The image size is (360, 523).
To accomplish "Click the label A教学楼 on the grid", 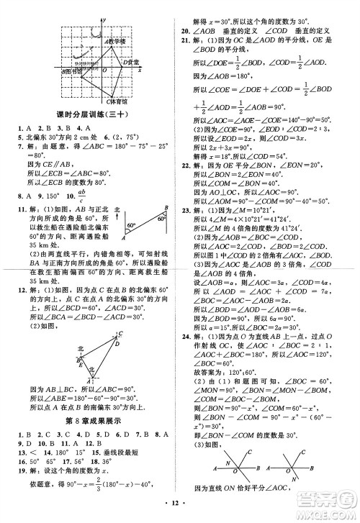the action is [x=116, y=42].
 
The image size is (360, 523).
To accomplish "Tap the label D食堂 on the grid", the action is [x=131, y=63].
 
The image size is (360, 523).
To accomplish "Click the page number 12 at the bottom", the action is [x=180, y=513].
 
